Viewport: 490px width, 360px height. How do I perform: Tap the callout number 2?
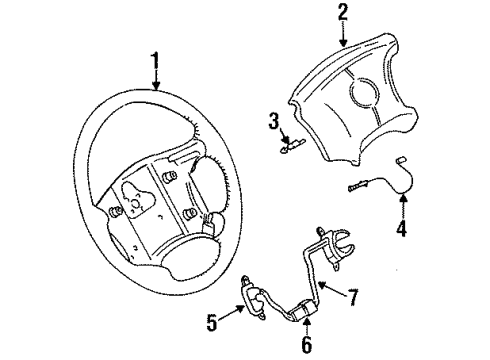tap(343, 12)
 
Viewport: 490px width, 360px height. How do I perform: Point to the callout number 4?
tap(403, 238)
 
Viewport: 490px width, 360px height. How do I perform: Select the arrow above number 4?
tap(402, 212)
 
